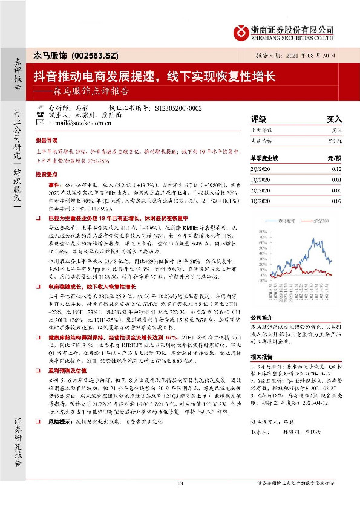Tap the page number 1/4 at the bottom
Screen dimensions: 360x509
[180, 499]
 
